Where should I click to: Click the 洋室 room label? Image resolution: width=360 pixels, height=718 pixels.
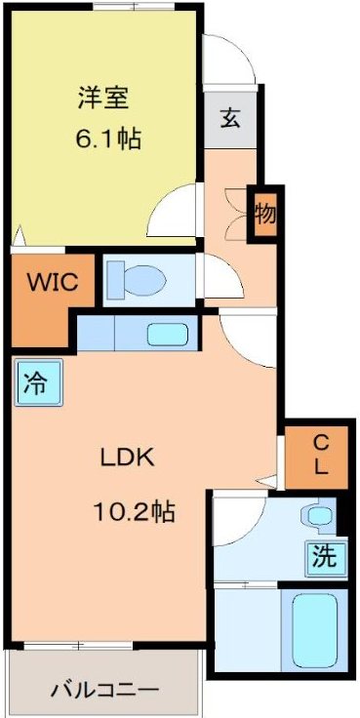(103, 98)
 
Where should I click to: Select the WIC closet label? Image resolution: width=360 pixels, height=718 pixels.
(46, 285)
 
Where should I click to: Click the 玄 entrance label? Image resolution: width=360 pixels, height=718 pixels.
(230, 119)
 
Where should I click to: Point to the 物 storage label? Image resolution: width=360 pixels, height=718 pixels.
(264, 214)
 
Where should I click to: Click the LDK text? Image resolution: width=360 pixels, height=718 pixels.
(127, 457)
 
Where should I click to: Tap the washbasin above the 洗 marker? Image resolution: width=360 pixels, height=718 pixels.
(318, 514)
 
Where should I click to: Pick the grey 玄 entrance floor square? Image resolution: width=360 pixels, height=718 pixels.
(230, 120)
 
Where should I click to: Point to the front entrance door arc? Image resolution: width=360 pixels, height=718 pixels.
(226, 60)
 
